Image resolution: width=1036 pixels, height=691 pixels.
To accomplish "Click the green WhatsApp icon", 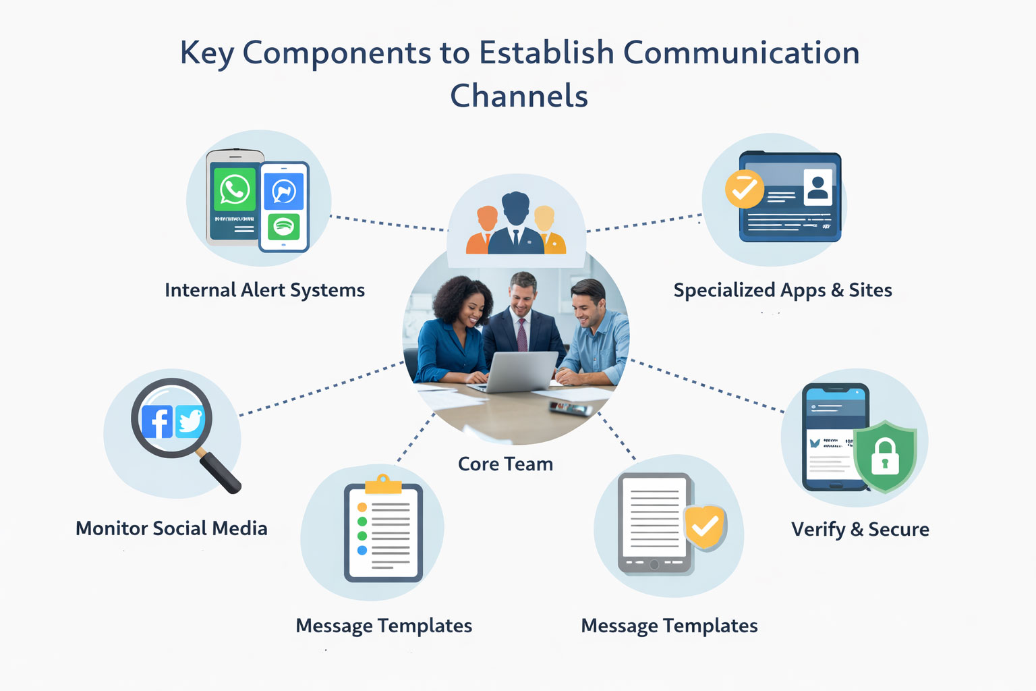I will (x=234, y=190).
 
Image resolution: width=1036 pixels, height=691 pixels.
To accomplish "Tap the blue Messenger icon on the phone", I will (x=284, y=192).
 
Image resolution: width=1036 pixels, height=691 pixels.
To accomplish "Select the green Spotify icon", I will (x=284, y=227).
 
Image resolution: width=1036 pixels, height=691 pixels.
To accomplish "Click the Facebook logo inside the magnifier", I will (x=157, y=422).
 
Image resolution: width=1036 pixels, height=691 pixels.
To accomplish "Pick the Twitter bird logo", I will (x=190, y=422).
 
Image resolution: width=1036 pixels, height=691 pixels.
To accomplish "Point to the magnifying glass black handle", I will (x=221, y=472).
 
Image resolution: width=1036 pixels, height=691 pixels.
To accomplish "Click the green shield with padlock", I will (x=885, y=456).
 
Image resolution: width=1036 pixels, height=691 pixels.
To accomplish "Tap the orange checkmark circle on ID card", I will (x=744, y=189).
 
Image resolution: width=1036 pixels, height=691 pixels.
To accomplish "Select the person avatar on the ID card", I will (x=817, y=187).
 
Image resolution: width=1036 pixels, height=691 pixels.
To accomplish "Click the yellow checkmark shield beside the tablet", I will (x=705, y=526).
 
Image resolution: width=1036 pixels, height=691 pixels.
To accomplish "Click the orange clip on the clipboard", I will (x=383, y=484).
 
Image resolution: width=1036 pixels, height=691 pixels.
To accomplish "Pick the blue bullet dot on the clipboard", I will (x=362, y=551).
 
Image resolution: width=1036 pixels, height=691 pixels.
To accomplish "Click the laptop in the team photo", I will (x=522, y=372).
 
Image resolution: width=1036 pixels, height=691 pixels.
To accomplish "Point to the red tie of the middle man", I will (x=521, y=335).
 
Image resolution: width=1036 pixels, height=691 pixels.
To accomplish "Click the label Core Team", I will (x=505, y=464).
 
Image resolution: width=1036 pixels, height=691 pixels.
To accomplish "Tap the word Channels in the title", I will (x=519, y=96).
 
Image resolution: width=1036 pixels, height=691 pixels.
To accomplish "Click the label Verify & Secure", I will (x=860, y=530).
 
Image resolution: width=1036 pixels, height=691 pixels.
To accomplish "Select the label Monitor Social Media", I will (x=171, y=528).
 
